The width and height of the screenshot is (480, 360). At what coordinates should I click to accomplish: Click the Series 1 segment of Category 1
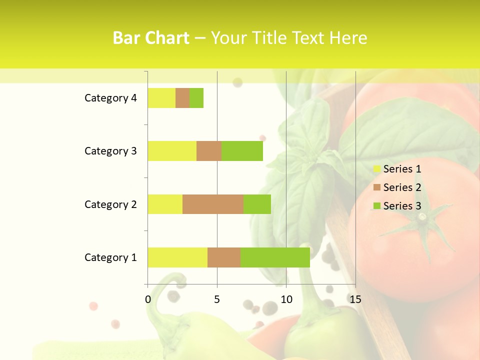(177, 257)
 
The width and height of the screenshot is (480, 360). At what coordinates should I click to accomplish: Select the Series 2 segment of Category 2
(213, 204)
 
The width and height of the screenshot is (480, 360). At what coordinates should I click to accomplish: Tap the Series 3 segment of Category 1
(275, 257)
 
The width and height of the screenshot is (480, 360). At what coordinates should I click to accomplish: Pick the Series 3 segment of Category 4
(196, 98)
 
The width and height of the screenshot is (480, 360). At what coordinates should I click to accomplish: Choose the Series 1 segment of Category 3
(172, 151)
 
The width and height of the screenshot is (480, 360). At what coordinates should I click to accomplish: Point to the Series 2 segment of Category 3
(209, 151)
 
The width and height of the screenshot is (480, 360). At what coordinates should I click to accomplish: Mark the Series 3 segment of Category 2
(257, 204)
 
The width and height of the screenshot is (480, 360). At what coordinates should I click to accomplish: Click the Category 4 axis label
(110, 98)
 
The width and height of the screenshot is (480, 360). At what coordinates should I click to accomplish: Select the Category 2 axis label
(110, 204)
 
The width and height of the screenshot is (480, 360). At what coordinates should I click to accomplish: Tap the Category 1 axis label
(110, 257)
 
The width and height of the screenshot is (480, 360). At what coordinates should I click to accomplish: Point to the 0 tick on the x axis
(148, 299)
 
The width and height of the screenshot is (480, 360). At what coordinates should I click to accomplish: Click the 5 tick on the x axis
(217, 299)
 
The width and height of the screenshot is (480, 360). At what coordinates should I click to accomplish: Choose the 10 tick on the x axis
(286, 299)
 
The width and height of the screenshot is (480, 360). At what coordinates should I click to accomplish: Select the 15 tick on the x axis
(355, 299)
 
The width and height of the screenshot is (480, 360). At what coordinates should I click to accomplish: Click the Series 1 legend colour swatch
(376, 169)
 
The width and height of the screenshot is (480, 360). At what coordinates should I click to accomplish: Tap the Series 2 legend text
(402, 187)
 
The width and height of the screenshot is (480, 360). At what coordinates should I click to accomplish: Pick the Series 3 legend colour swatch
(376, 206)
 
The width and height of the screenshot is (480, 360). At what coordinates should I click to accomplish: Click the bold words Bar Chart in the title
(151, 38)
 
